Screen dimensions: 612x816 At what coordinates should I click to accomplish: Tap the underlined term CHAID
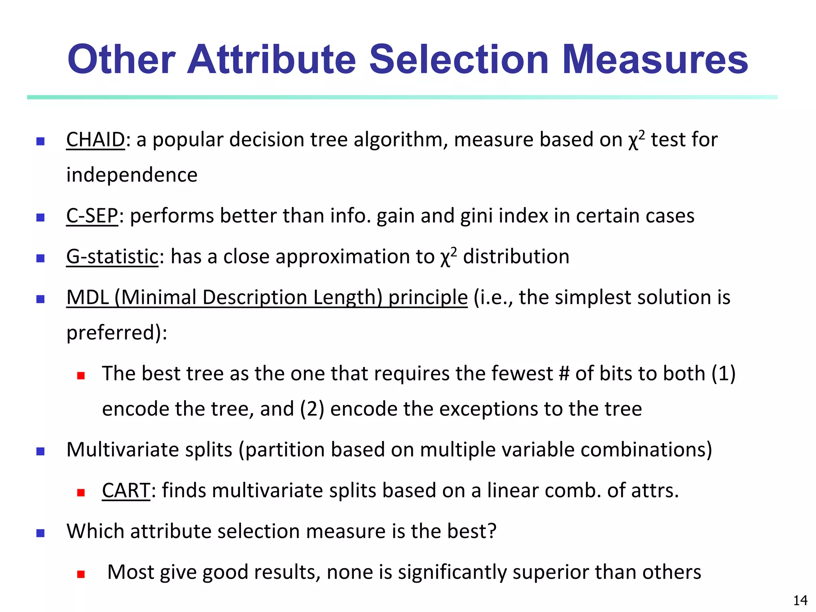click(96, 140)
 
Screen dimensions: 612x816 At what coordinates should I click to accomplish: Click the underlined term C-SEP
click(92, 216)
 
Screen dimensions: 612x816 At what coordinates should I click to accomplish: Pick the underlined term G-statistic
click(112, 257)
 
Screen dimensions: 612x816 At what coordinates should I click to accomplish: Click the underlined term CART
click(126, 490)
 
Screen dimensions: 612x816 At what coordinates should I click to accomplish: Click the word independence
click(132, 175)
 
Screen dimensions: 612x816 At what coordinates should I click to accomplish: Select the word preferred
click(111, 333)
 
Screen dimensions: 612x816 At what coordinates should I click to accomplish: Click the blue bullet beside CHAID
click(40, 141)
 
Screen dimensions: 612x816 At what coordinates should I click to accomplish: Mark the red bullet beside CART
click(81, 493)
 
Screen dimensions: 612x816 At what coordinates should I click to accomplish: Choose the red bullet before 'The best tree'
click(81, 376)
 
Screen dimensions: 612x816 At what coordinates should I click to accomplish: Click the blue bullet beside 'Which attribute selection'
click(40, 533)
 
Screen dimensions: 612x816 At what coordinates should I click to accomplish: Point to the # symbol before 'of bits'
click(564, 374)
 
